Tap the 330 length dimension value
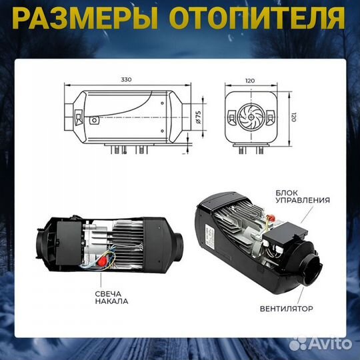127,79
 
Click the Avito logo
328,344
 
